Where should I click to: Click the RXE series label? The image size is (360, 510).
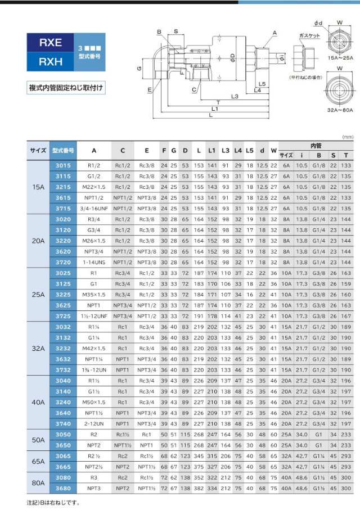(x=51, y=42)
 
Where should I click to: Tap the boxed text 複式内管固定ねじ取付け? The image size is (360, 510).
(x=66, y=88)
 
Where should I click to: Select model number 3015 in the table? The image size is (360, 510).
(x=64, y=166)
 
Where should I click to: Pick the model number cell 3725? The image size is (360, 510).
(x=64, y=315)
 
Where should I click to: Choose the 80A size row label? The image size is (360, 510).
(x=38, y=482)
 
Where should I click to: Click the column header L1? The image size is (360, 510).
(x=211, y=151)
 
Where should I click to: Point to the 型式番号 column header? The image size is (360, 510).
(x=64, y=151)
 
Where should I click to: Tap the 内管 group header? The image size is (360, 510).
(x=315, y=146)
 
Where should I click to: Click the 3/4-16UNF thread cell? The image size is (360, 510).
(x=94, y=209)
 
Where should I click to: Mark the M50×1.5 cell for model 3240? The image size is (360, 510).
(x=94, y=402)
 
